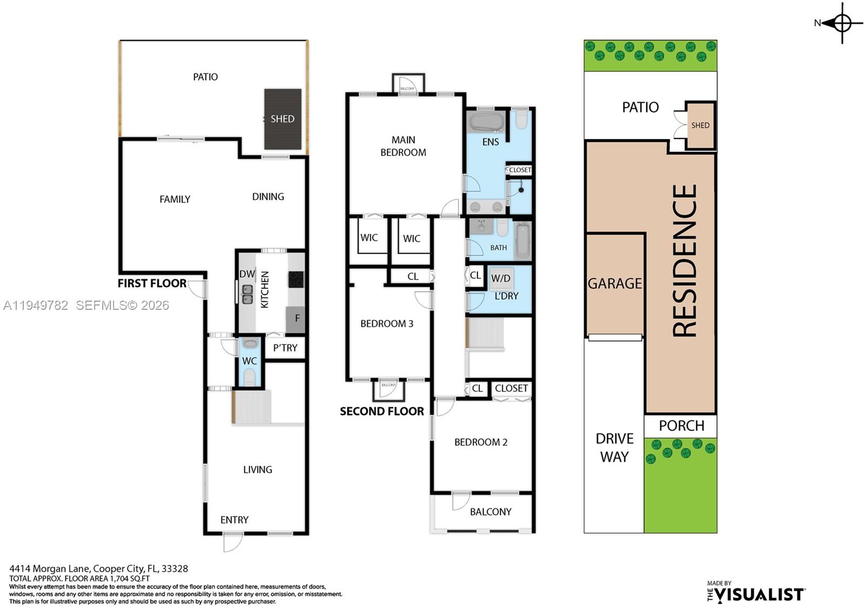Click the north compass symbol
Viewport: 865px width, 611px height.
pos(842,23)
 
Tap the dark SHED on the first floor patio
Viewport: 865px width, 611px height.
pos(282,119)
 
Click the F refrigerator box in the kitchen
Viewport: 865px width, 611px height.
pos(296,318)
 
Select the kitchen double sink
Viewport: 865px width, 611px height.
pos(247,295)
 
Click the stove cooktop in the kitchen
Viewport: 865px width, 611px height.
pos(296,279)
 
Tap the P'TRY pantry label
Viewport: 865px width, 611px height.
pos(285,348)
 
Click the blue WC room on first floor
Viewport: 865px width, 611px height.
pos(249,361)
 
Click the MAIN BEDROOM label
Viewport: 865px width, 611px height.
pos(403,146)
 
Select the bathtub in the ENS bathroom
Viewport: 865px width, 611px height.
pos(486,122)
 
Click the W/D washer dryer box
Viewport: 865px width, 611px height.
pos(501,279)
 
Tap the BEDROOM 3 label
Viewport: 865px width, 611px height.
pos(387,324)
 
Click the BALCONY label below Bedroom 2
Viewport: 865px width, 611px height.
pos(490,512)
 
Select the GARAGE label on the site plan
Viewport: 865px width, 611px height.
pos(615,283)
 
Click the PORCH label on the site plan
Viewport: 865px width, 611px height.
pos(681,426)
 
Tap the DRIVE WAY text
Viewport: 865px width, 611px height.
pos(614,447)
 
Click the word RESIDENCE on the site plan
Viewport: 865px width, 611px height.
pos(684,261)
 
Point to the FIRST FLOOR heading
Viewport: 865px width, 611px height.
pos(152,283)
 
